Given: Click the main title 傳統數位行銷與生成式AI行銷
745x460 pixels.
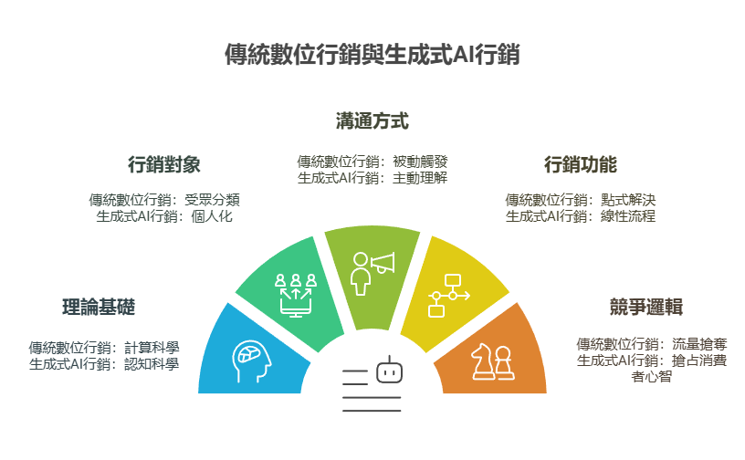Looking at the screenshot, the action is point(372,54).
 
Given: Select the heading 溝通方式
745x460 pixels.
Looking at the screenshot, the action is point(372,120).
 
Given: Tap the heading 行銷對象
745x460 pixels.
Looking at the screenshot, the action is point(164,164).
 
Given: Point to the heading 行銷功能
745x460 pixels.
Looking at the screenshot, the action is point(580,164).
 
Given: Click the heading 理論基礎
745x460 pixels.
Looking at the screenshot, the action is point(99,307).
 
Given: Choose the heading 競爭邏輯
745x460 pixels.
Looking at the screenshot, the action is point(646,307).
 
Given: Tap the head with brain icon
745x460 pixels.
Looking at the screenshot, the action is point(252,361).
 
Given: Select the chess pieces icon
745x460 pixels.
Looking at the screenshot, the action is point(492,361).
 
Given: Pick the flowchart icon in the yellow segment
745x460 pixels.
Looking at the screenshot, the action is point(449,296).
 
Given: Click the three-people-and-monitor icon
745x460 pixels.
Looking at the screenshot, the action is point(296,295).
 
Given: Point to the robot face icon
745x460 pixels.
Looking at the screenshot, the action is point(390,371).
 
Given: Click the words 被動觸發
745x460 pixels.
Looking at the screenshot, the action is point(420,162).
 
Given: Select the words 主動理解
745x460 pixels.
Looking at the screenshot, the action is point(420,178).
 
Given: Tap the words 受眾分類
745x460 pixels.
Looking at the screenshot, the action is point(212,200).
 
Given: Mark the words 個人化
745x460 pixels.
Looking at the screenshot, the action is point(212,216).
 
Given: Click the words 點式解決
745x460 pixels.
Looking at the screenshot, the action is point(628,200).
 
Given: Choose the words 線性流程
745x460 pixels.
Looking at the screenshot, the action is point(628,216).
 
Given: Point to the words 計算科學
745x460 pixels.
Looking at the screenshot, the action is point(152,348).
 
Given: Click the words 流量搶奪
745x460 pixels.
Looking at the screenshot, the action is point(699,344).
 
